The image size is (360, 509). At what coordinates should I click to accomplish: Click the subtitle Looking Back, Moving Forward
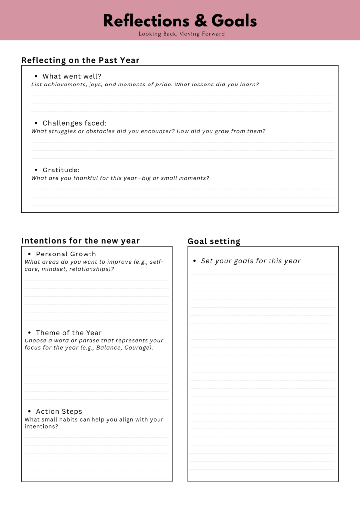181,34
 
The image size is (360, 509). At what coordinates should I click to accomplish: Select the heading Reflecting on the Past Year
80,60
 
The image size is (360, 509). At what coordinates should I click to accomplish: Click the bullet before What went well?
36,77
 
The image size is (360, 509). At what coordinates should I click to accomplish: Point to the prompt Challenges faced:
75,123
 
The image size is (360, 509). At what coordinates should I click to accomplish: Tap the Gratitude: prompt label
61,170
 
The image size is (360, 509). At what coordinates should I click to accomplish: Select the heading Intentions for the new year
81,241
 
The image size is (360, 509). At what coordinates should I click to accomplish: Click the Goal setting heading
214,241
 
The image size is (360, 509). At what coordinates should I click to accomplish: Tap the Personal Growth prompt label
66,254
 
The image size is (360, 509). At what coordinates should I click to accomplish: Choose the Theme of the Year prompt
69,333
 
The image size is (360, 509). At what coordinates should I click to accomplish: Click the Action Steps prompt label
59,411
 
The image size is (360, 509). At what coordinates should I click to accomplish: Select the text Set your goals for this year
251,261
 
